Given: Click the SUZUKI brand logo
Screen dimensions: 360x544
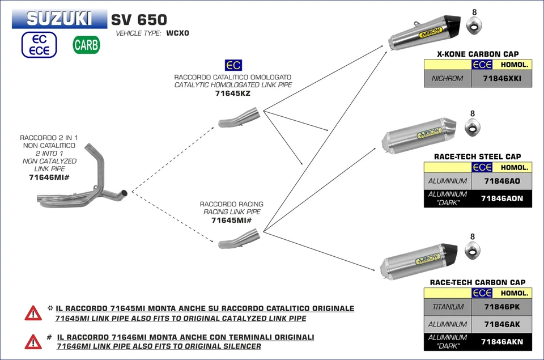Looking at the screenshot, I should [x=59, y=19].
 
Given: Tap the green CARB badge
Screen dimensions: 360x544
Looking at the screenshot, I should [x=86, y=45].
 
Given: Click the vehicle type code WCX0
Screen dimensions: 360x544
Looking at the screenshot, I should [x=177, y=33].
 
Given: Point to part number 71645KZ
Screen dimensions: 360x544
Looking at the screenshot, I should [x=232, y=94].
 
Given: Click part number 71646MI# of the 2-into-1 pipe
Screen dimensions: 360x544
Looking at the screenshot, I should [x=49, y=177].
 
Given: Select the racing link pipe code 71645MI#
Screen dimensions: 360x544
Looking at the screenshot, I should [x=231, y=220].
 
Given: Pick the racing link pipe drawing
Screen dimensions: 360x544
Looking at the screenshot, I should [x=239, y=238].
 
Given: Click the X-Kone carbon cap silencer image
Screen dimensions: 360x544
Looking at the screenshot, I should [x=425, y=33].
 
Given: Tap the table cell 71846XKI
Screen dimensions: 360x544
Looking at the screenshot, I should [x=501, y=79].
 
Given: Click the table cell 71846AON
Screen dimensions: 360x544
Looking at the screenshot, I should [x=501, y=198].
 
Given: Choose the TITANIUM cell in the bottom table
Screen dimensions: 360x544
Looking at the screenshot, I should [x=448, y=307].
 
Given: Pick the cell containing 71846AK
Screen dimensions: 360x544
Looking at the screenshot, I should [x=501, y=324].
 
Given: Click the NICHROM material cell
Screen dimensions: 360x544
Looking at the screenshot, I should [x=448, y=79].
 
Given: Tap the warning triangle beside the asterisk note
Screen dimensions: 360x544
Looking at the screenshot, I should [x=33, y=312].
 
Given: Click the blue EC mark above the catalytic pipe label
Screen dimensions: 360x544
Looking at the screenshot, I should [x=233, y=65].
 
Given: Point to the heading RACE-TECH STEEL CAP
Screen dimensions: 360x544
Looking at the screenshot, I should [x=477, y=156].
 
